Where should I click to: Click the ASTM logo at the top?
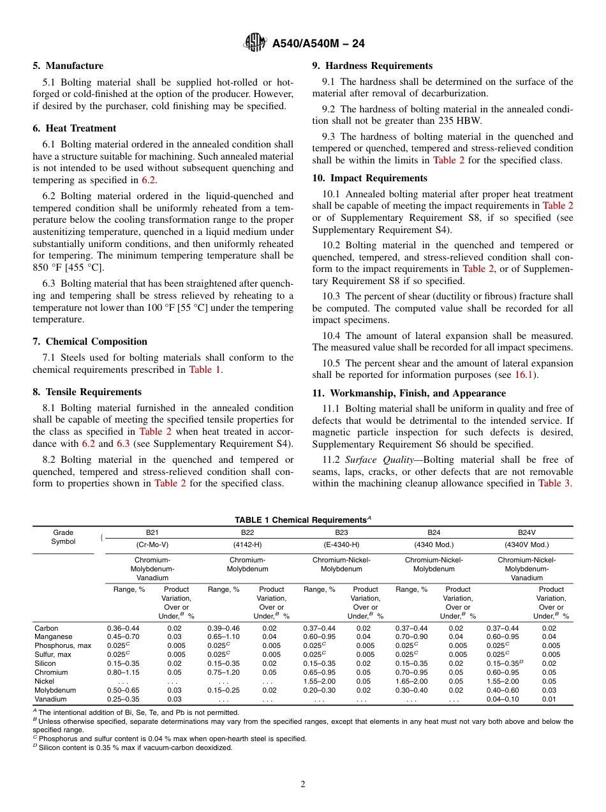[255, 43]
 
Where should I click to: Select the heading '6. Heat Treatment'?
[75, 128]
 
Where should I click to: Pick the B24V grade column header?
[526, 532]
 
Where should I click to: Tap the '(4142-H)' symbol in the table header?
[247, 545]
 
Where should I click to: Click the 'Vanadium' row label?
[50, 699]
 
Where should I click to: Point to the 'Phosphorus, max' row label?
[63, 645]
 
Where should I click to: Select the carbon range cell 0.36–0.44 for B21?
[123, 628]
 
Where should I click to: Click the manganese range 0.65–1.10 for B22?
[223, 636]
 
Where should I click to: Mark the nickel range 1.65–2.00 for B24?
[411, 681]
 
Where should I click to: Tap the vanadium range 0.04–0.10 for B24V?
[503, 699]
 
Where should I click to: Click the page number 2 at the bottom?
[303, 785]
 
